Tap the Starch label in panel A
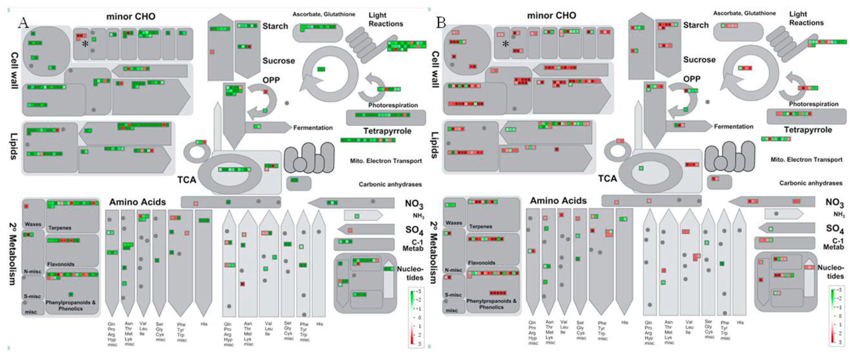pyautogui.click(x=275, y=26)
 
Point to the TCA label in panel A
pyautogui.click(x=187, y=180)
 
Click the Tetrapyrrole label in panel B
pyautogui.click(x=808, y=130)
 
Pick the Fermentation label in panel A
pyautogui.click(x=313, y=128)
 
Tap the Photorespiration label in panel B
pyautogui.click(x=813, y=104)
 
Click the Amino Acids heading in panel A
pyautogui.click(x=138, y=202)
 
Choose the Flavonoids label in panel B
pyautogui.click(x=481, y=263)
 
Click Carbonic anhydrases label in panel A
pyautogui.click(x=390, y=184)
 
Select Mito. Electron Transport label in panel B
pyautogui.click(x=806, y=159)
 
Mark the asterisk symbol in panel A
pyautogui.click(x=85, y=44)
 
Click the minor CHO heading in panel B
pyautogui.click(x=551, y=15)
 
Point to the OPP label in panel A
pyautogui.click(x=271, y=80)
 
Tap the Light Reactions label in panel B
pyautogui.click(x=806, y=18)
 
